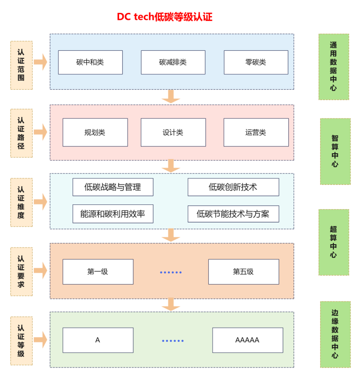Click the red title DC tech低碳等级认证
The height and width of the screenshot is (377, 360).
[x=165, y=17]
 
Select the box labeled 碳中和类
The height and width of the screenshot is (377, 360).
[x=90, y=62]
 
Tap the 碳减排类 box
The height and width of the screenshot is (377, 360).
[x=173, y=62]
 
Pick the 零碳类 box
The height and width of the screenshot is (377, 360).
[x=256, y=62]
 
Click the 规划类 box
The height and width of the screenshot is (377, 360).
[x=95, y=132]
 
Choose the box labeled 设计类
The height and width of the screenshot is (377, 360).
[x=173, y=132]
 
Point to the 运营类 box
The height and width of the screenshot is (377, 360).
[x=256, y=132]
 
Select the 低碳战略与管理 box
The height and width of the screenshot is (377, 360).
[x=113, y=187]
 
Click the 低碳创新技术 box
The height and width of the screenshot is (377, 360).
[x=233, y=187]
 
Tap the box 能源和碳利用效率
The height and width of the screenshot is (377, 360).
[x=113, y=214]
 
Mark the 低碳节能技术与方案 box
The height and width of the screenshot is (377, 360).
[x=233, y=214]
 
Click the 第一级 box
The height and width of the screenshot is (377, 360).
[x=98, y=272]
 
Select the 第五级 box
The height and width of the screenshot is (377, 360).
[x=243, y=272]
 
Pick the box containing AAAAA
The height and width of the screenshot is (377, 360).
[x=247, y=340]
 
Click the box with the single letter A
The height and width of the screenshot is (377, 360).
[x=98, y=340]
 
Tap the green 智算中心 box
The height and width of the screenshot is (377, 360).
[x=335, y=151]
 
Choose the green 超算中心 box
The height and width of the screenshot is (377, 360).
[x=333, y=242]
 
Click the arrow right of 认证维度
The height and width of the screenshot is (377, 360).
[x=41, y=202]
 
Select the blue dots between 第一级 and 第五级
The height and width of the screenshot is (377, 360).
[x=171, y=272]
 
